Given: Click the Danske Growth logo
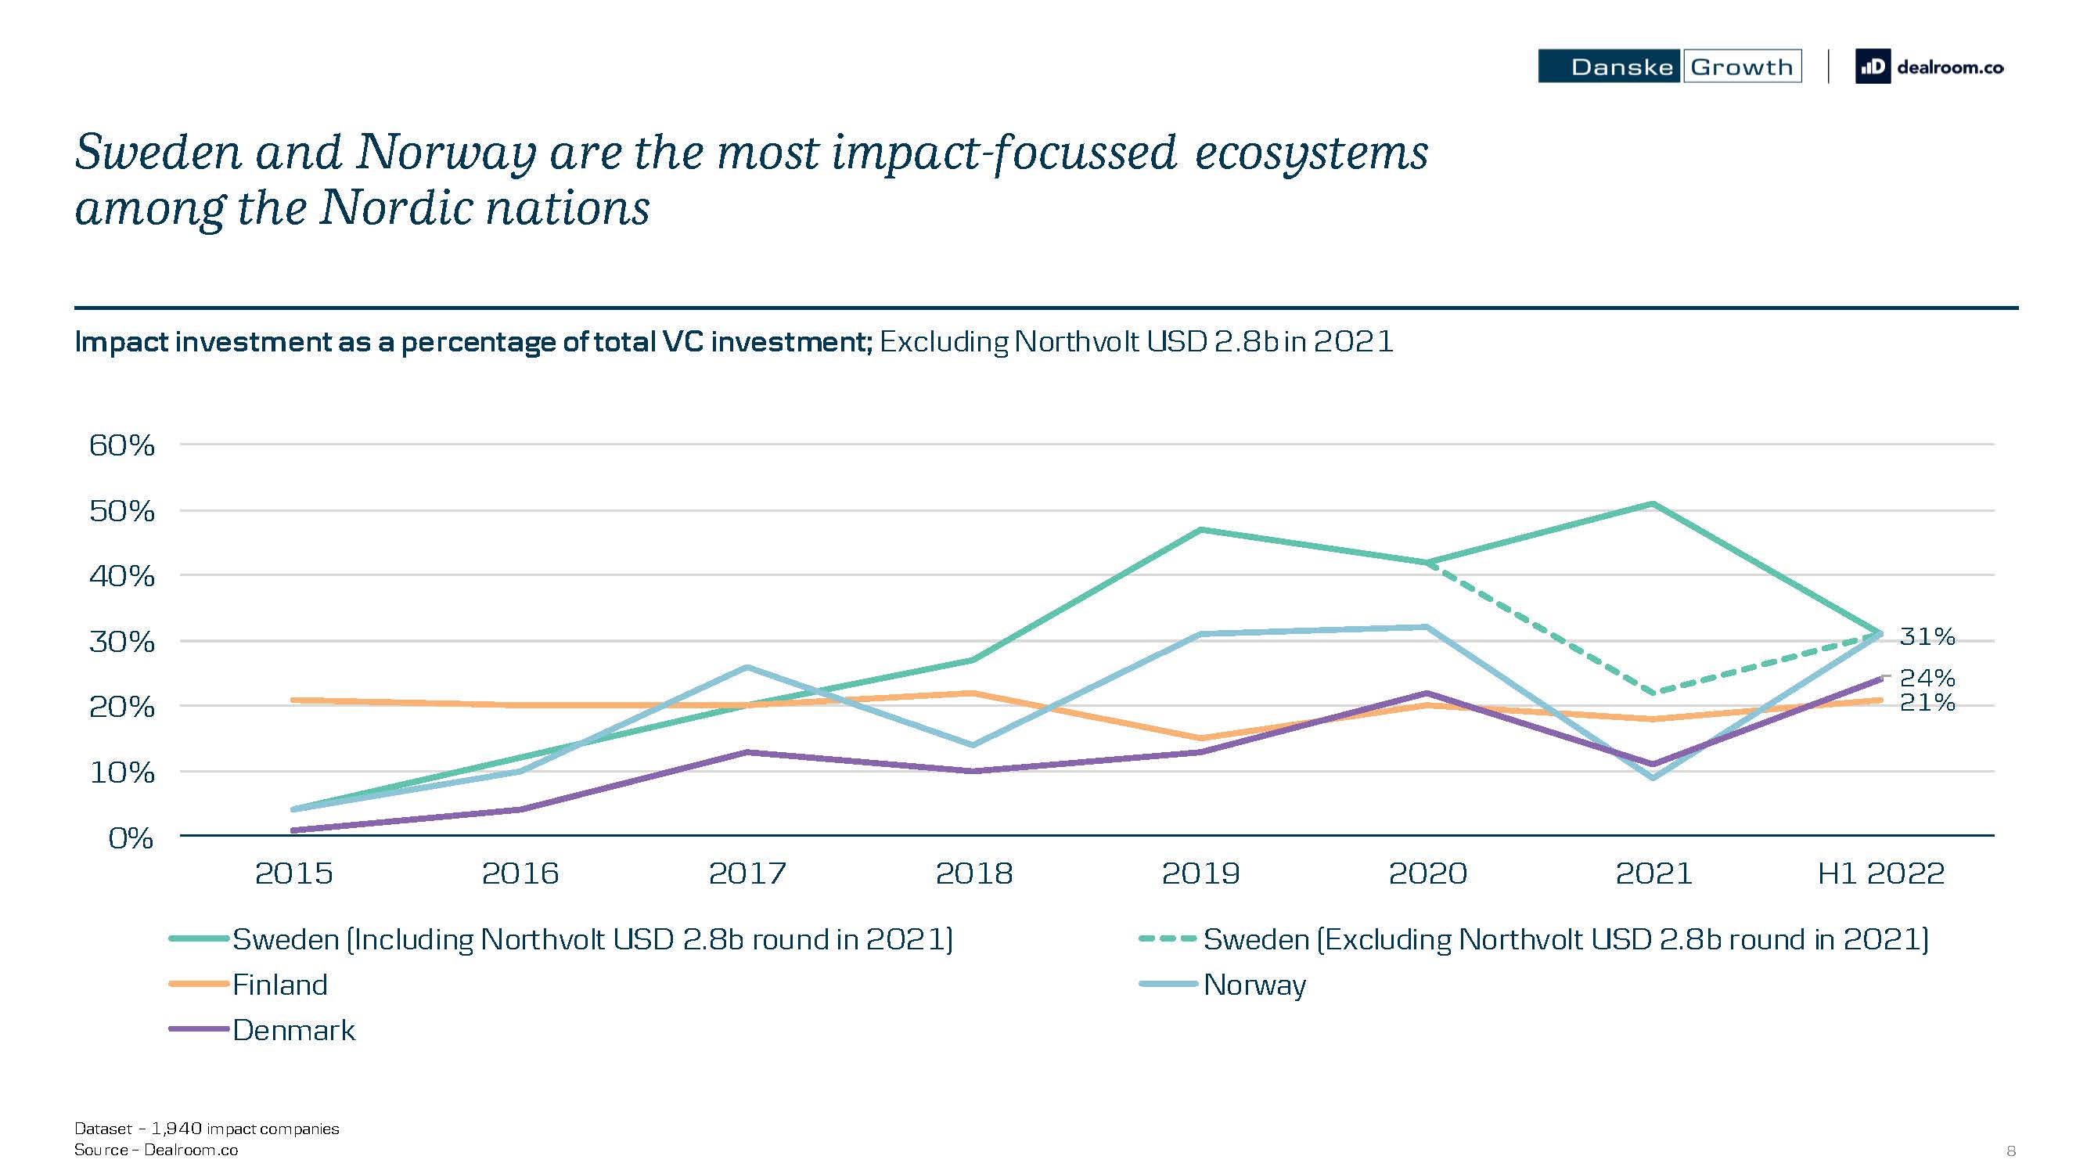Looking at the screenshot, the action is pos(1669,67).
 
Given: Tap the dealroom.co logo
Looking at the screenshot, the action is pos(1930,67).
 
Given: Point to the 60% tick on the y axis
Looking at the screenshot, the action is pos(121,445).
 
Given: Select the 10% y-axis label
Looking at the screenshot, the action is pos(121,772).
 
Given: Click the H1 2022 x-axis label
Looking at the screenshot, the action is pos(1880,873).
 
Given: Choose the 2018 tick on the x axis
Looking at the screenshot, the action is pos(973,873).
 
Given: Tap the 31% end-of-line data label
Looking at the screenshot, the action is pos(1927,637).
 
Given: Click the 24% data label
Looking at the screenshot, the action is pos(1927,677).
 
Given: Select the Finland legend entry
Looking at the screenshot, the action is pos(249,985).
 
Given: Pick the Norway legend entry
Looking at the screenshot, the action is pos(1222,985).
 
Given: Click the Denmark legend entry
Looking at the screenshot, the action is pos(261,1030).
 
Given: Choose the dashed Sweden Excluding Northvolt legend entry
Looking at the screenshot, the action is pos(1534,939).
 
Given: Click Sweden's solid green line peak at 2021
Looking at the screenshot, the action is pos(1653,504).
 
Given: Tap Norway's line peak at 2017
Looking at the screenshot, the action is pos(747,668).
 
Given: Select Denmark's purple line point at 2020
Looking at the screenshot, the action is pos(1427,693).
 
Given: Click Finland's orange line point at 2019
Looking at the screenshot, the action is pos(1200,738).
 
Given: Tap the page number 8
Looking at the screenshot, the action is pos(2011,1151).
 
